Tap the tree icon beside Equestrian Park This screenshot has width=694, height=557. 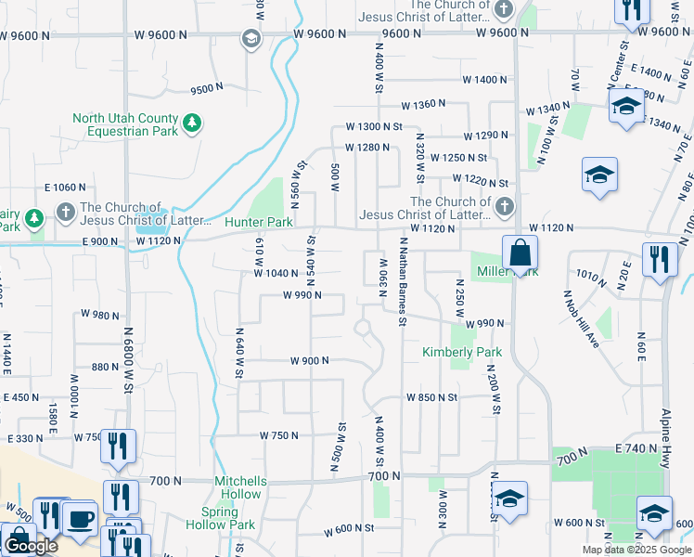click(192, 123)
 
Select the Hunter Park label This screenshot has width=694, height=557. click(259, 223)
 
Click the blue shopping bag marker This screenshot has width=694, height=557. click(520, 253)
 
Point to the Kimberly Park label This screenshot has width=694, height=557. click(461, 353)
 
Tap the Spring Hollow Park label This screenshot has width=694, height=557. click(228, 519)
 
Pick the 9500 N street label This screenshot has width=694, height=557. click(207, 89)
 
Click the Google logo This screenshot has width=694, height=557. click(31, 546)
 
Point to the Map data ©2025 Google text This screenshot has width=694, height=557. click(636, 550)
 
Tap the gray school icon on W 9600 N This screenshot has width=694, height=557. click(250, 39)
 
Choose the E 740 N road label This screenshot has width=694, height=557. click(636, 448)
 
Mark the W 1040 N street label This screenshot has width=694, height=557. click(276, 273)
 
